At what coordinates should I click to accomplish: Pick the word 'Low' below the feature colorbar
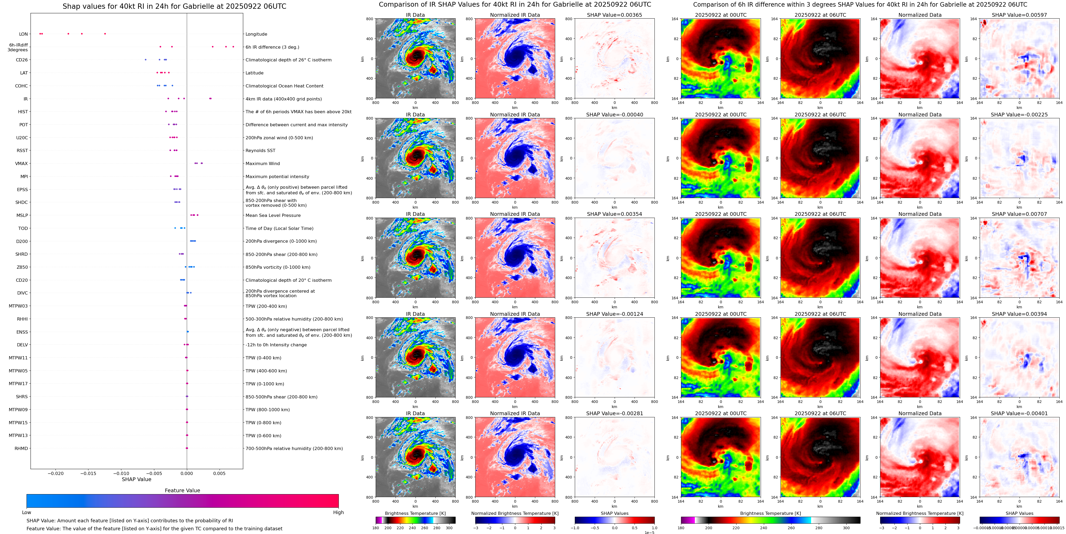(27, 512)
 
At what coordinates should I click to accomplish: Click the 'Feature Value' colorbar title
(182, 490)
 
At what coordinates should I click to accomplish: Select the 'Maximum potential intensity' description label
(277, 176)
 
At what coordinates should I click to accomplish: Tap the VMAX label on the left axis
(22, 164)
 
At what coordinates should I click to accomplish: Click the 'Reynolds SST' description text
(260, 151)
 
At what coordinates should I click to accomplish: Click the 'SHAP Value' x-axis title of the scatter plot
(136, 479)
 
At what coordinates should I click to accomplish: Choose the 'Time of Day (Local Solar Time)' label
(279, 228)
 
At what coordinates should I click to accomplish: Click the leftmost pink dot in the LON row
(40, 33)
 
